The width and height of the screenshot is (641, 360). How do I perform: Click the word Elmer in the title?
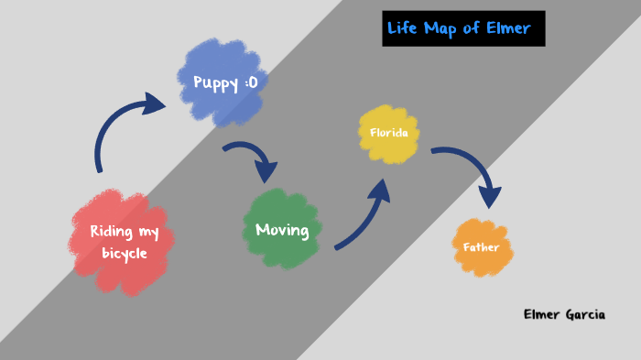pos(509,28)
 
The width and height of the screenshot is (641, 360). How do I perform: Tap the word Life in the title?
pos(403,28)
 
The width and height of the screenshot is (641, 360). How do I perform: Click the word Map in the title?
pos(440,28)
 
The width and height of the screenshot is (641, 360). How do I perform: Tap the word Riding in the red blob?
pos(110,232)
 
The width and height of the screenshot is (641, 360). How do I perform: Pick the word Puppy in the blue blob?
pos(212,82)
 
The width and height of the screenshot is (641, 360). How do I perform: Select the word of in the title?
pos(472,28)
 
